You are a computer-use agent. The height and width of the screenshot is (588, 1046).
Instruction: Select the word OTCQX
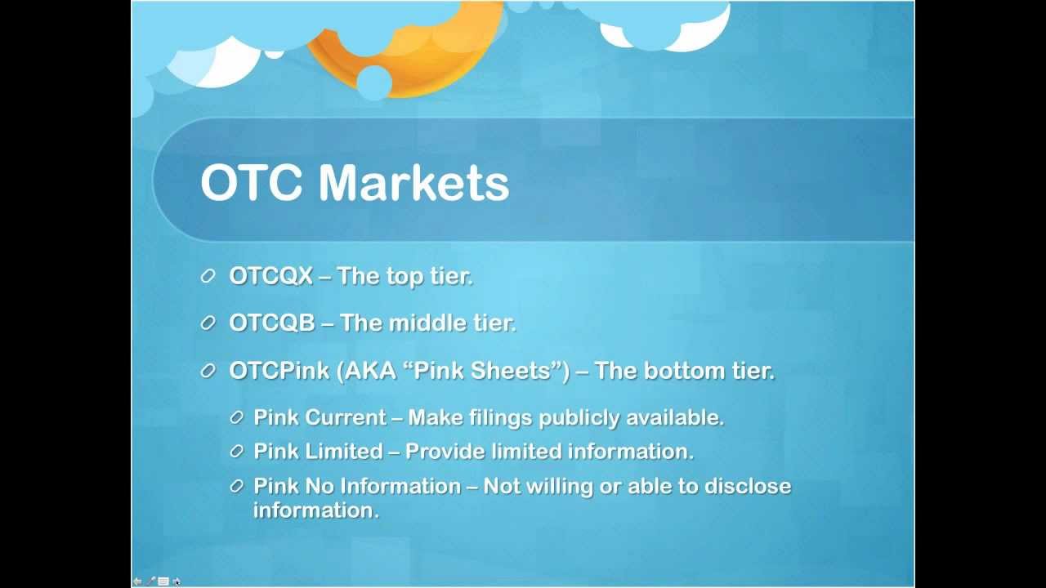pyautogui.click(x=270, y=276)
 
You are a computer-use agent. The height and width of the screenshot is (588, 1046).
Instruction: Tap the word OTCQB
pyautogui.click(x=272, y=323)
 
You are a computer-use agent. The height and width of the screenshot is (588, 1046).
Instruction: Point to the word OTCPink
pyautogui.click(x=279, y=371)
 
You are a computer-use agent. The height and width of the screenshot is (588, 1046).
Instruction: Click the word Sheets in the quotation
pyautogui.click(x=511, y=371)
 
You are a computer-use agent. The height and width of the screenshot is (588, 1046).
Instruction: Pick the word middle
pyautogui.click(x=427, y=323)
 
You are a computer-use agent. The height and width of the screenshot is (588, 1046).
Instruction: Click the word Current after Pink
pyautogui.click(x=346, y=417)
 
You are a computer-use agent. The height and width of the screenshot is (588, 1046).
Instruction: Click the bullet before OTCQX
pyautogui.click(x=208, y=276)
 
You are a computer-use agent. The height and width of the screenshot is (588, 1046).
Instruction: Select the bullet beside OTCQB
pyautogui.click(x=208, y=323)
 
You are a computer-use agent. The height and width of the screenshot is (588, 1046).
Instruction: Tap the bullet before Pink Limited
pyautogui.click(x=237, y=452)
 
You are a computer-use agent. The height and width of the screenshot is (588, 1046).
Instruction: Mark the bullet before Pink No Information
pyautogui.click(x=237, y=486)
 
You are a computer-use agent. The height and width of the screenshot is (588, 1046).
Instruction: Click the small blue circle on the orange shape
pyautogui.click(x=374, y=82)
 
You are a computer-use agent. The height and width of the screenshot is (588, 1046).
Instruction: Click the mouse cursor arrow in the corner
pyautogui.click(x=177, y=581)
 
